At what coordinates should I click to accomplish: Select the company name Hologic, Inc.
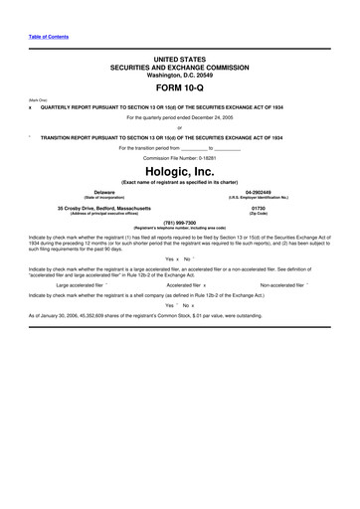[179, 170]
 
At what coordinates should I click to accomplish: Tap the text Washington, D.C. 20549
[179, 75]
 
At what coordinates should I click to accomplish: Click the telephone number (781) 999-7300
[179, 223]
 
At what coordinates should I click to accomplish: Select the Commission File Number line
[179, 157]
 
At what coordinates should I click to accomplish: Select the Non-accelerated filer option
[282, 283]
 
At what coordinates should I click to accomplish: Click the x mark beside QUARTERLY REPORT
[31, 106]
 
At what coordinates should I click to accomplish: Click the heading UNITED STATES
[179, 59]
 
